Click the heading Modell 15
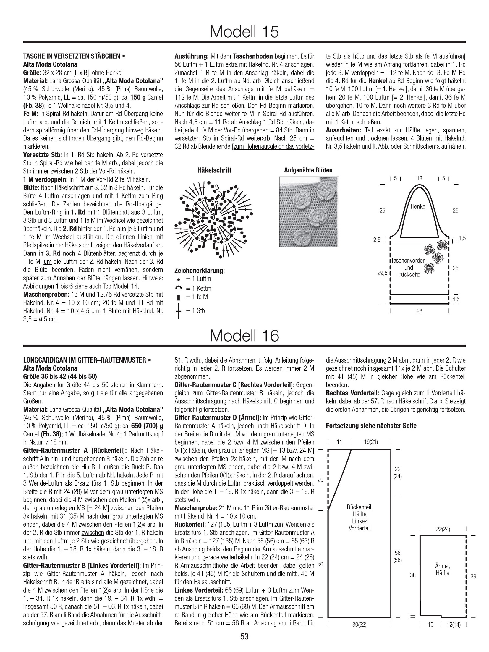(244, 31)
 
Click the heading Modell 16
(244, 336)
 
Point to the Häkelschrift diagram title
(214, 170)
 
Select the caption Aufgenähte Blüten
(308, 170)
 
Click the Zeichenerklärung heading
(200, 270)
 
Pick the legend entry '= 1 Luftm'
(198, 279)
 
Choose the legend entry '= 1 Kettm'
(198, 288)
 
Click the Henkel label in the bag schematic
(419, 207)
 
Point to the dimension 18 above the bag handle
(419, 178)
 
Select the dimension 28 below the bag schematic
(419, 311)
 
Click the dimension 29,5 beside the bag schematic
(382, 273)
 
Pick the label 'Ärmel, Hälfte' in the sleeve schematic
(442, 570)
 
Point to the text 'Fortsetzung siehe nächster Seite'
(371, 426)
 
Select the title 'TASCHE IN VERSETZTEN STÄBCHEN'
(72, 56)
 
